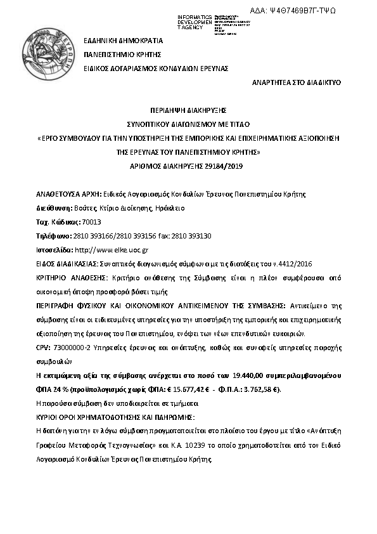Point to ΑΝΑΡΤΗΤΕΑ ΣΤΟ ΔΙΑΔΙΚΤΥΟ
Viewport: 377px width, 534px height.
tap(297, 82)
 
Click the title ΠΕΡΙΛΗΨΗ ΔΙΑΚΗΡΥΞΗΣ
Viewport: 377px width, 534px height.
tap(188, 110)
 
